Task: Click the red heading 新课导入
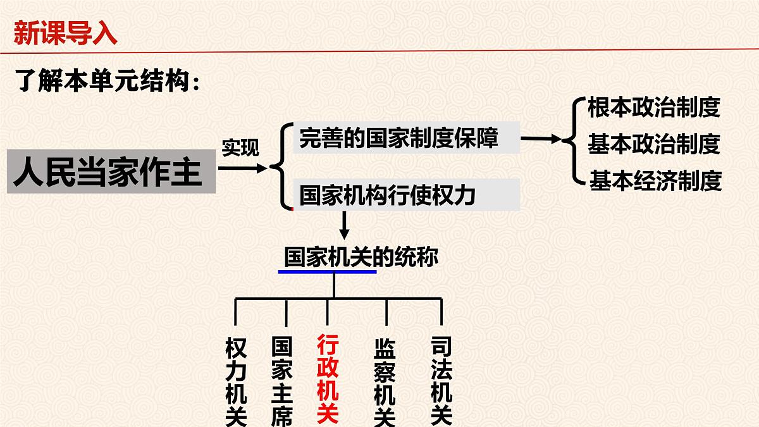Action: (65, 33)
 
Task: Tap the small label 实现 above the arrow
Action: (240, 149)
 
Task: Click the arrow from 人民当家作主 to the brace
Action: (243, 168)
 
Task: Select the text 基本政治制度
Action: (654, 144)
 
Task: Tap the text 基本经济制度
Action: (655, 182)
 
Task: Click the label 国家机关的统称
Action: (361, 257)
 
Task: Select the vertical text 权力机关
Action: (236, 381)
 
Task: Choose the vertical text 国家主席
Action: (281, 381)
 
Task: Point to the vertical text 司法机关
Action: (441, 381)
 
